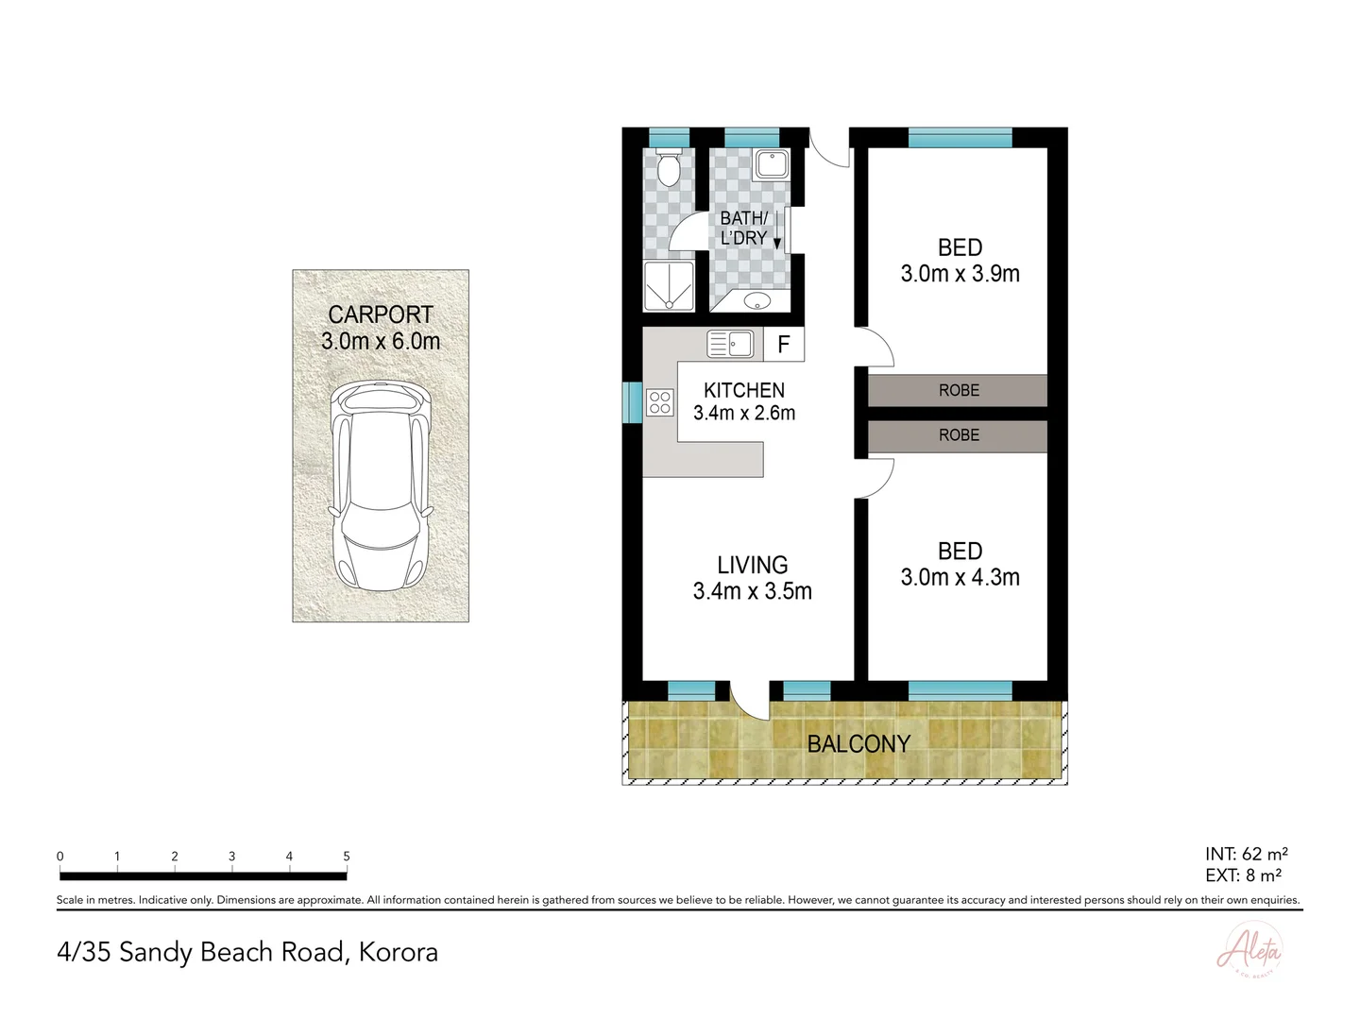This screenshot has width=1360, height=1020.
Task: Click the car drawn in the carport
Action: click(381, 487)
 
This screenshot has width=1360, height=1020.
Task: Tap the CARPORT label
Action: click(381, 314)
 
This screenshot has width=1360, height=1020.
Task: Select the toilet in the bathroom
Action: click(669, 168)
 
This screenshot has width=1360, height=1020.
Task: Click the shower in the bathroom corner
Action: click(669, 286)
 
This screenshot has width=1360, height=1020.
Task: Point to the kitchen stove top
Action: click(660, 402)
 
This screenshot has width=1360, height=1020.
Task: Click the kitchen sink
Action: click(730, 344)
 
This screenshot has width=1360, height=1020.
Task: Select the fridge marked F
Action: click(783, 345)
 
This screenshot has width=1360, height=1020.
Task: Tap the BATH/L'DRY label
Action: click(743, 229)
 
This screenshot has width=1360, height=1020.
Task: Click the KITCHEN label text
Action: click(744, 390)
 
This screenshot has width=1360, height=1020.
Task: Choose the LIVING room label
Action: click(752, 565)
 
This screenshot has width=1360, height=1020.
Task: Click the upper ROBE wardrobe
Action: click(958, 390)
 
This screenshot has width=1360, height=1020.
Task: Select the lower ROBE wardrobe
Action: click(958, 435)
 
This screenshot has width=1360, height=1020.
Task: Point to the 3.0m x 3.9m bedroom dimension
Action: click(960, 274)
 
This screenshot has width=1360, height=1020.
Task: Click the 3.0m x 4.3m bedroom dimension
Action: click(960, 578)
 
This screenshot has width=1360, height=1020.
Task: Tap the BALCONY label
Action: click(858, 744)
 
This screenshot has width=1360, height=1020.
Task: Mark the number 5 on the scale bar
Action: click(347, 857)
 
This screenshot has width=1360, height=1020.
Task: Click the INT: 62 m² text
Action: click(1247, 854)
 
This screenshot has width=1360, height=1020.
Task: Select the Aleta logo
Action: click(1249, 949)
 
